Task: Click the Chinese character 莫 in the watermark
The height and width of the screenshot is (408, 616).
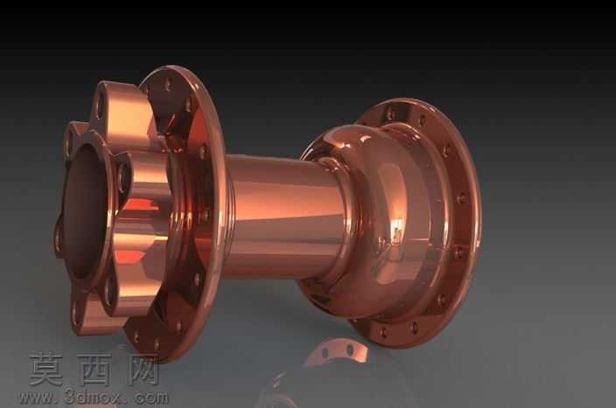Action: click(45, 370)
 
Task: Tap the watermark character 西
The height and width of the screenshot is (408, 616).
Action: click(94, 370)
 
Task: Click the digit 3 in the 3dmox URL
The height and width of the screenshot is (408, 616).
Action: click(70, 397)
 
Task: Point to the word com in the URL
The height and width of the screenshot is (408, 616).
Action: click(152, 398)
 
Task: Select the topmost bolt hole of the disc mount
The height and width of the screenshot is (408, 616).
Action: click(101, 103)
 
